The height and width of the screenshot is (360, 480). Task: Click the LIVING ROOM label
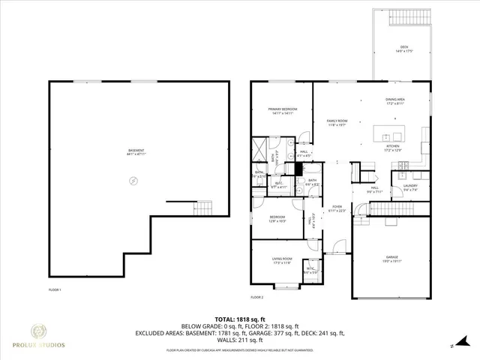pos(282,260)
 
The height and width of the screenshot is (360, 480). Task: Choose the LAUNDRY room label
pos(410,187)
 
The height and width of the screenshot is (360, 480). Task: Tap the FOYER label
pos(337,208)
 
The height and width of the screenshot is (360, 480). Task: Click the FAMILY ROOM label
pos(337,122)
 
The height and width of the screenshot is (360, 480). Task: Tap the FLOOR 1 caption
pos(55,289)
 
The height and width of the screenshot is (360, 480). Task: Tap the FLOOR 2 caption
pos(256,298)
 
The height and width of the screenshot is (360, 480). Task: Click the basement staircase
pos(199,206)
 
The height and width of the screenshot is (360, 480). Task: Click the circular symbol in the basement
pos(134,180)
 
